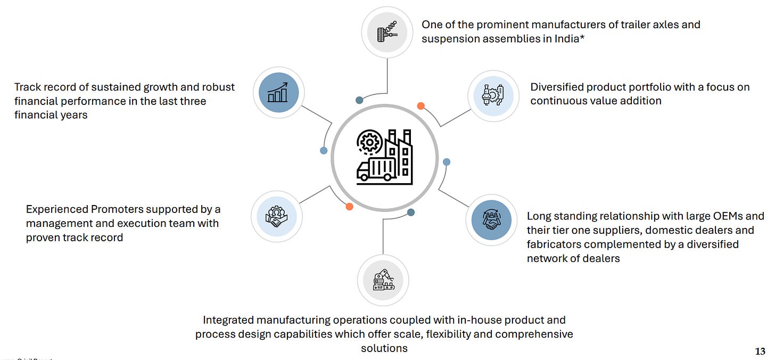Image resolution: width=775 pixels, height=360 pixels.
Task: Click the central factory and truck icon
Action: (x=384, y=157)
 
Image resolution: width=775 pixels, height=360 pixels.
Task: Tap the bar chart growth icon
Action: (x=278, y=92)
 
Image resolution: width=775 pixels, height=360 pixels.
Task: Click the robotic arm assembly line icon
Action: (x=384, y=280)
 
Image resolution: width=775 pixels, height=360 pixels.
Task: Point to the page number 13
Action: (x=761, y=351)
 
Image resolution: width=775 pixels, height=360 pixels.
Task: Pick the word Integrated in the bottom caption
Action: (x=229, y=320)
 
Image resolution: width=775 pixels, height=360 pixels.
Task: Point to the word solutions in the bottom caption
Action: (x=384, y=348)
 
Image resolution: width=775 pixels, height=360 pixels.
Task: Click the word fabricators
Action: (x=554, y=244)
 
